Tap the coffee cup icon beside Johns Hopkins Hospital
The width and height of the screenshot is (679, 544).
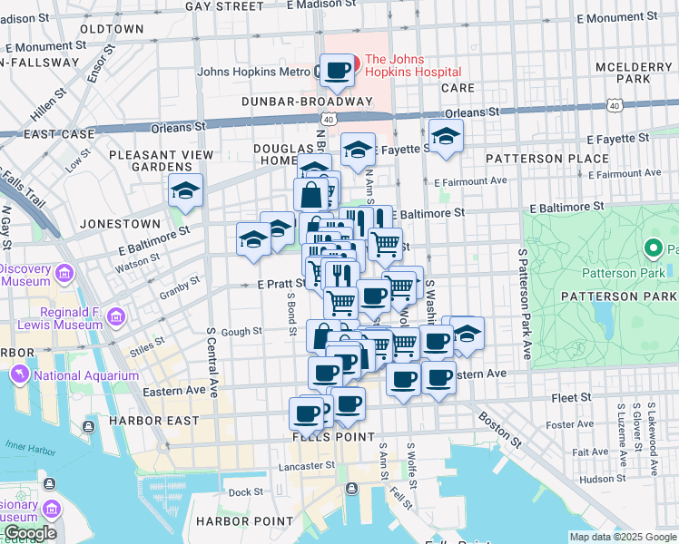click(339, 69)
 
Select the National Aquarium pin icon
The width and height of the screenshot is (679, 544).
click(19, 374)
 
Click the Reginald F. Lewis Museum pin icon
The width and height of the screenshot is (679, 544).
click(115, 317)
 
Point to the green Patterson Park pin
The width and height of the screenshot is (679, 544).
click(652, 248)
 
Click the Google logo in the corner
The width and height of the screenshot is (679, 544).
click(30, 533)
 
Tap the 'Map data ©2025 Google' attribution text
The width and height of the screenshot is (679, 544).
click(623, 537)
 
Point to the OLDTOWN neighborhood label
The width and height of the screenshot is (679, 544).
click(112, 29)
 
